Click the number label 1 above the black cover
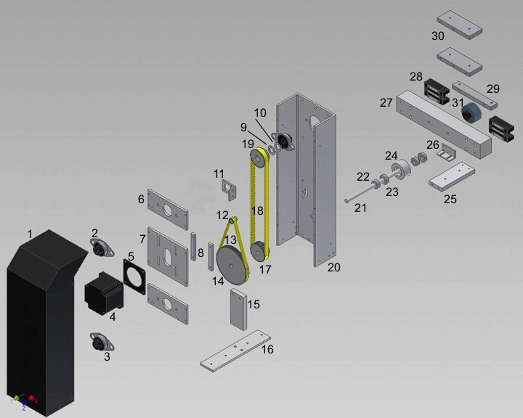point(30,234)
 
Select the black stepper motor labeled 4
point(101,293)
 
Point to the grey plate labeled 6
point(168,209)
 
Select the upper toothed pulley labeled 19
point(258,157)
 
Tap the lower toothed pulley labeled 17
point(259,253)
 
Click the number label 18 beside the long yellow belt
point(257,210)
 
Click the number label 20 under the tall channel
point(333,267)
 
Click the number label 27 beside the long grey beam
point(386,102)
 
